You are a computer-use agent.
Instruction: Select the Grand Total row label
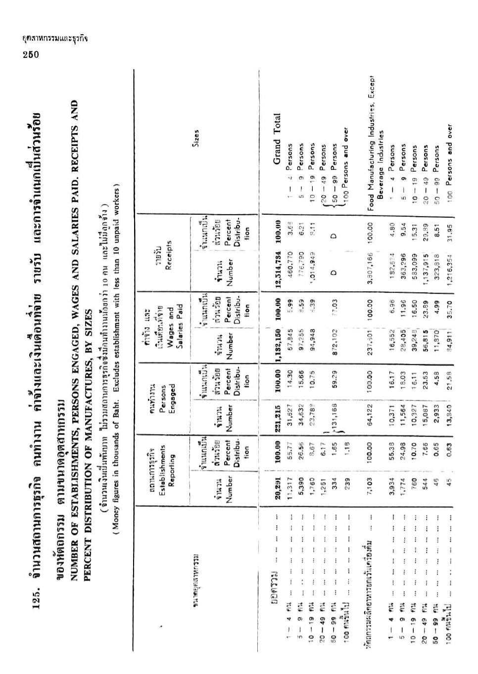tap(277, 139)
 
